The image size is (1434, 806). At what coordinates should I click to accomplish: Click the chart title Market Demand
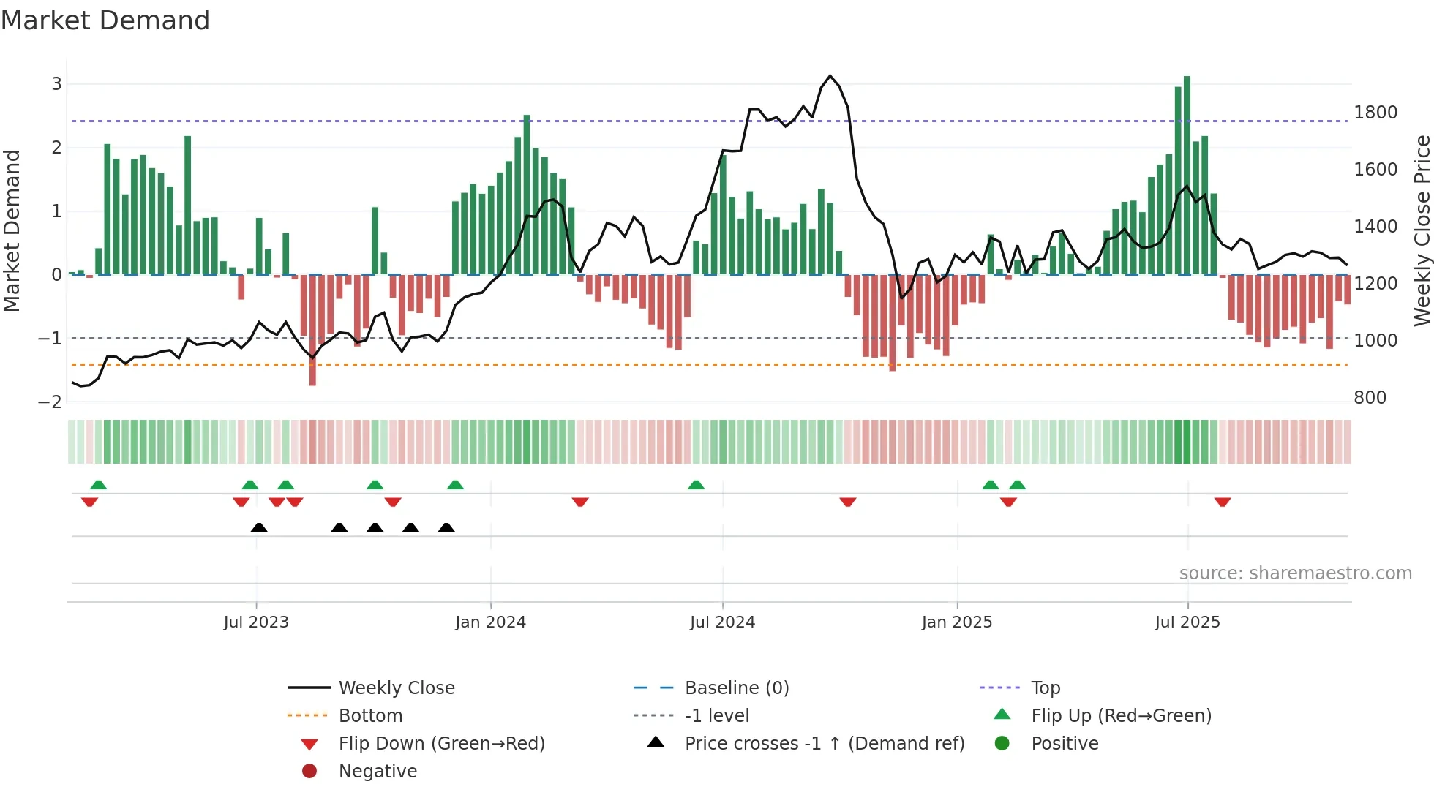tap(105, 20)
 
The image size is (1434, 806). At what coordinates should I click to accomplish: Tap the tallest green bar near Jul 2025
tap(1187, 176)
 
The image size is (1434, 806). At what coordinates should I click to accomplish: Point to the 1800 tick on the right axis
tap(1375, 113)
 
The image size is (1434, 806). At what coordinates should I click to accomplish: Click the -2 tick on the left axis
tap(50, 402)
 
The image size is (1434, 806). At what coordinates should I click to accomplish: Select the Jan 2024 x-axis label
tap(490, 622)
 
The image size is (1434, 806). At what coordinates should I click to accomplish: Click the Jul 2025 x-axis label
tap(1187, 622)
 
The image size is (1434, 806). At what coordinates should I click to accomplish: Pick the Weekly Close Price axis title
tap(1422, 230)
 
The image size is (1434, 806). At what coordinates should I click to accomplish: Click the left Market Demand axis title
tap(12, 230)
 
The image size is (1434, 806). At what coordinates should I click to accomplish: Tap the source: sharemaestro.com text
tap(1295, 573)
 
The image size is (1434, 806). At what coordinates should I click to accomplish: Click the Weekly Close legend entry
tap(396, 688)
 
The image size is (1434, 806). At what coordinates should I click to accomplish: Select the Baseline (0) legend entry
tap(736, 688)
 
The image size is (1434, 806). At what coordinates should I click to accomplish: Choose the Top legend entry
tap(1045, 688)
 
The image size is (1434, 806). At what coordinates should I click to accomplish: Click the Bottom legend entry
tap(370, 716)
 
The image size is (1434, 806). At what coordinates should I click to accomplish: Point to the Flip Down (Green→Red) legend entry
tap(441, 744)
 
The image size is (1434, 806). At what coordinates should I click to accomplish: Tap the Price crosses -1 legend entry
tap(824, 744)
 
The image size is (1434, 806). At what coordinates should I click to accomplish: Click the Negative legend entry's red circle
tap(309, 772)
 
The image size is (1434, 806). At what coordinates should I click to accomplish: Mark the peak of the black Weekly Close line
tap(830, 76)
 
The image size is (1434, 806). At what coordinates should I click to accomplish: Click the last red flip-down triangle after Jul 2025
tap(1223, 502)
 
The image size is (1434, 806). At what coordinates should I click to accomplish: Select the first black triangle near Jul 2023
tap(259, 527)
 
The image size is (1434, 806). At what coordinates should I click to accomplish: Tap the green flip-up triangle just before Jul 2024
tap(697, 485)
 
